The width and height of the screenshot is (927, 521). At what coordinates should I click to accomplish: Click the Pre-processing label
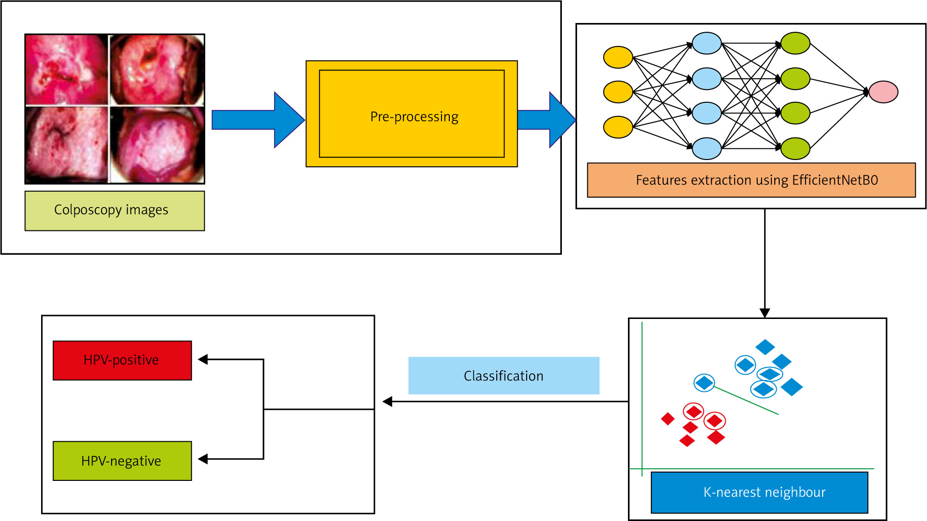point(414,117)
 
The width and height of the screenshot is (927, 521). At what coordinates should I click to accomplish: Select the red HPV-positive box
point(122,360)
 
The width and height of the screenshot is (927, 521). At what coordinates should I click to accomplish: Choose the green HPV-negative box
point(122,461)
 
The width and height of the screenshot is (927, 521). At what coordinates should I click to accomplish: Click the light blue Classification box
point(504,376)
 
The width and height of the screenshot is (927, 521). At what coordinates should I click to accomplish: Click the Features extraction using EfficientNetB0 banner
point(751,180)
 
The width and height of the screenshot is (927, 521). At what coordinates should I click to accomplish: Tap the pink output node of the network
point(883,92)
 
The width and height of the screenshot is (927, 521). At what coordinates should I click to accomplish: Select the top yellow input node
point(618,57)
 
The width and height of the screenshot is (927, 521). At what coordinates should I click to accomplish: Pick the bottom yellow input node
point(618,127)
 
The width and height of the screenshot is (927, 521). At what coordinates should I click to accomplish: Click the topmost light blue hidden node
point(707,43)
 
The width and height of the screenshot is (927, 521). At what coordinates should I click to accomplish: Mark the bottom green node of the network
point(795,149)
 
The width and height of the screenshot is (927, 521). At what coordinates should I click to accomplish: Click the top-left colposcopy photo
point(66,69)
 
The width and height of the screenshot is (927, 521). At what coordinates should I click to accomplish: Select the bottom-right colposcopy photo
point(157,145)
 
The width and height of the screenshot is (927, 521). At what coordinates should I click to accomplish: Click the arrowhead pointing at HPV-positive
point(203,360)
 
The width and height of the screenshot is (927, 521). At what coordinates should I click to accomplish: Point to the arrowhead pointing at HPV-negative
point(203,459)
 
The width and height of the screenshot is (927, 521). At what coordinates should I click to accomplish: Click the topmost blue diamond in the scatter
point(765,347)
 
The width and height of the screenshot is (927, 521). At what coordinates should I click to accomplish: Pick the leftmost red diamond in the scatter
point(668,419)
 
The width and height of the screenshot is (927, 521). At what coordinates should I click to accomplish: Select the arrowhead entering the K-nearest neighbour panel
point(765,313)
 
